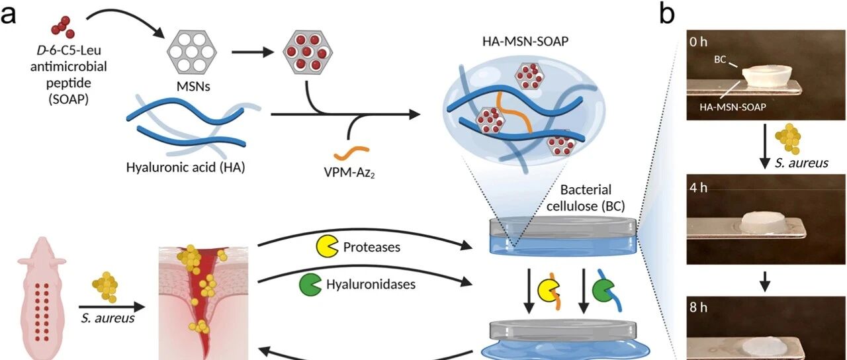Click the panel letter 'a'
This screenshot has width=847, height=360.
(8, 15)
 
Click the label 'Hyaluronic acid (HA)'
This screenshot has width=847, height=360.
(185, 167)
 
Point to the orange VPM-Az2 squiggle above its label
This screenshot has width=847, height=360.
(351, 153)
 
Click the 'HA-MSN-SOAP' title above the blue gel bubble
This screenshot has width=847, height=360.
(525, 41)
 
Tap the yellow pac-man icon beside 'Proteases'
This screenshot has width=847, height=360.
(327, 247)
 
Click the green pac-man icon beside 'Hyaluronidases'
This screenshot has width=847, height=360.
(310, 285)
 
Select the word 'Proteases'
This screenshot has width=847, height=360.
(372, 247)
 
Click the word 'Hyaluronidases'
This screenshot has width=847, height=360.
(371, 285)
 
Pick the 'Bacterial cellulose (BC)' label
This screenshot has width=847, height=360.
(586, 198)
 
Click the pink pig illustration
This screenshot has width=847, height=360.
(42, 298)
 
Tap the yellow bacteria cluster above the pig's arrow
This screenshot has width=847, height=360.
(105, 287)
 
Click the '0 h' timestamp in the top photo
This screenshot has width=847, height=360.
(698, 42)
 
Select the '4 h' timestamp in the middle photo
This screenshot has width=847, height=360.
(698, 187)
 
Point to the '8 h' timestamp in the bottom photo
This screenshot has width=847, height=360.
(698, 308)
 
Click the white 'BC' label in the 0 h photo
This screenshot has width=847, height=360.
(720, 60)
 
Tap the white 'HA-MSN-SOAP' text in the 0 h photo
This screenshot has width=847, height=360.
(733, 107)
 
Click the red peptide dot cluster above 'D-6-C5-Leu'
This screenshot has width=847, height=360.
(63, 27)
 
